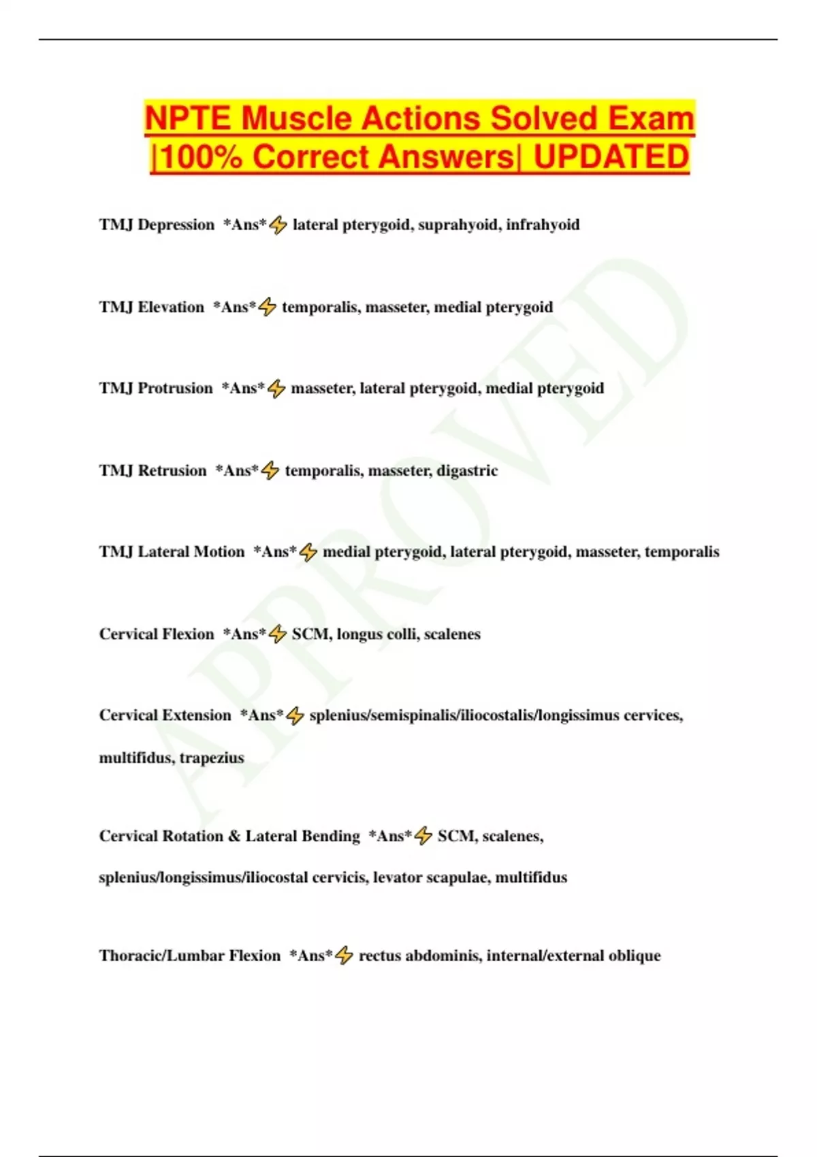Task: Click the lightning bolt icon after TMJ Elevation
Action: (x=268, y=307)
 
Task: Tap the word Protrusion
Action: (x=175, y=388)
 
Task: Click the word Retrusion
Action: (x=172, y=470)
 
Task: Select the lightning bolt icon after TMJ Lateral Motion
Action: (x=308, y=552)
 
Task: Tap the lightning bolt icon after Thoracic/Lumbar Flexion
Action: (x=345, y=956)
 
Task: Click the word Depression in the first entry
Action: (x=176, y=225)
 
